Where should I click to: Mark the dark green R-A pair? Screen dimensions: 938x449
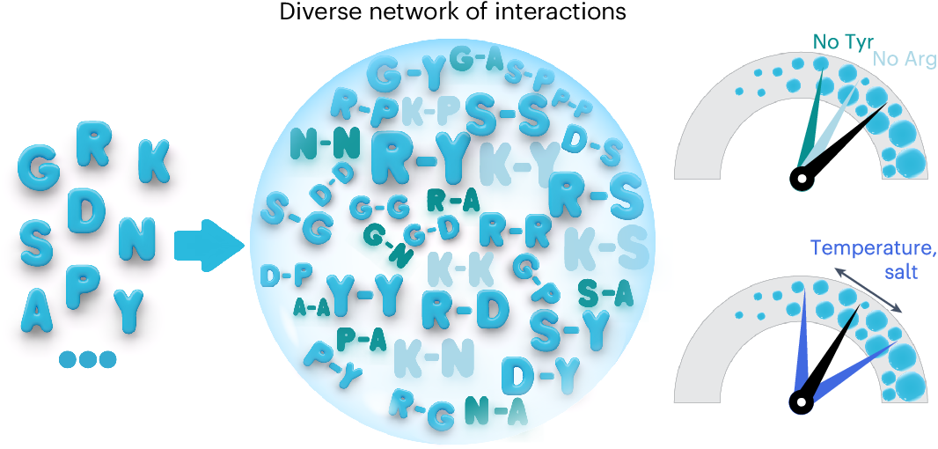point(452,201)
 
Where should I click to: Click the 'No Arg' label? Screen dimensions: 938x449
point(905,61)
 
